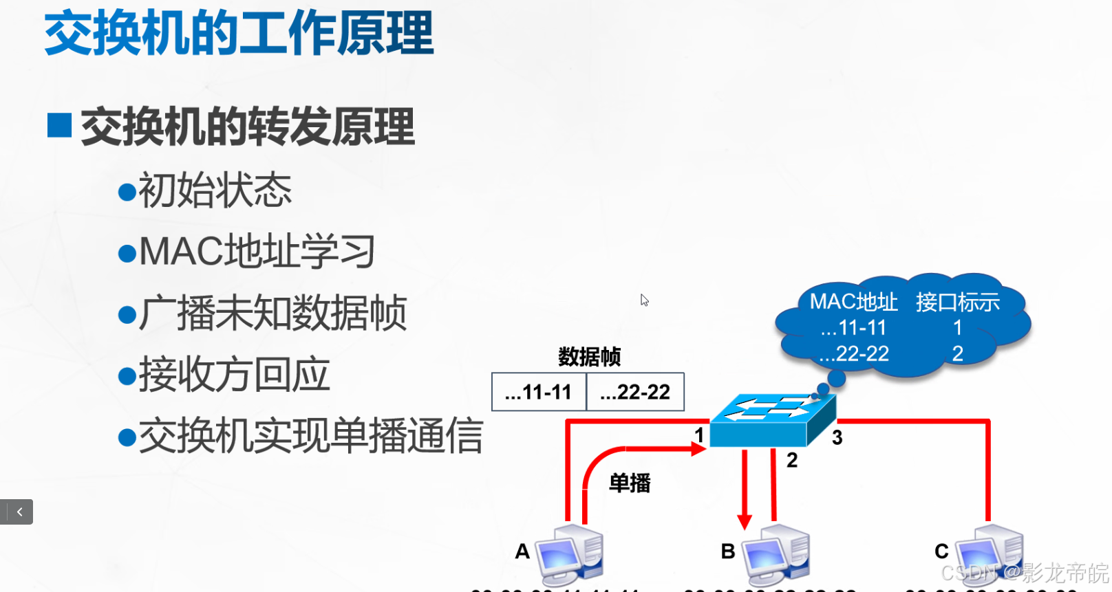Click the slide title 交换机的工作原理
[x=239, y=33]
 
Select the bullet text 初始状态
[x=215, y=190]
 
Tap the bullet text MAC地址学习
[x=257, y=252]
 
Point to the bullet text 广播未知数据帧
[x=272, y=314]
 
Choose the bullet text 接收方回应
[x=234, y=375]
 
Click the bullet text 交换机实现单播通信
[x=311, y=437]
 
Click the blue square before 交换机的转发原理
[x=60, y=126]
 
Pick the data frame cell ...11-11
[x=539, y=392]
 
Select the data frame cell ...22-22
[x=635, y=392]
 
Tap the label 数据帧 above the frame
[x=589, y=357]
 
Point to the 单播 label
[x=630, y=483]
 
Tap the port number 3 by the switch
[x=837, y=437]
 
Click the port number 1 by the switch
[x=699, y=435]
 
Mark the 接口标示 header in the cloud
[x=957, y=302]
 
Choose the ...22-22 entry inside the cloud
[x=854, y=353]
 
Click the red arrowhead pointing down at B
[x=744, y=521]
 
